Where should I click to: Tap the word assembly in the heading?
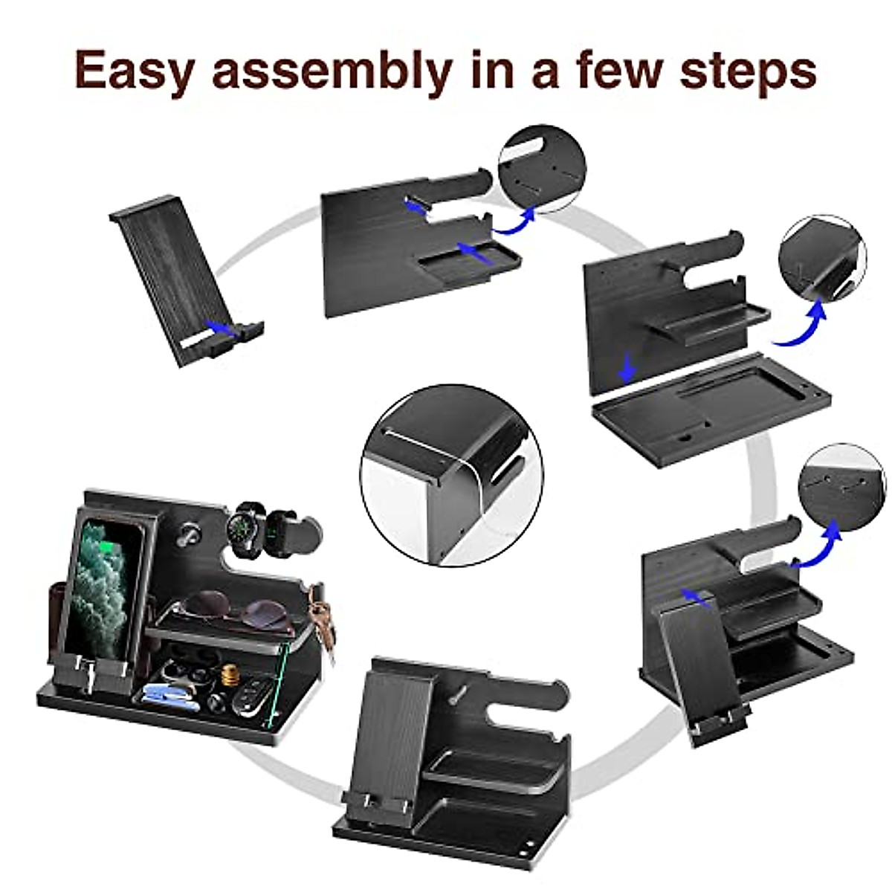click(x=332, y=71)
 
